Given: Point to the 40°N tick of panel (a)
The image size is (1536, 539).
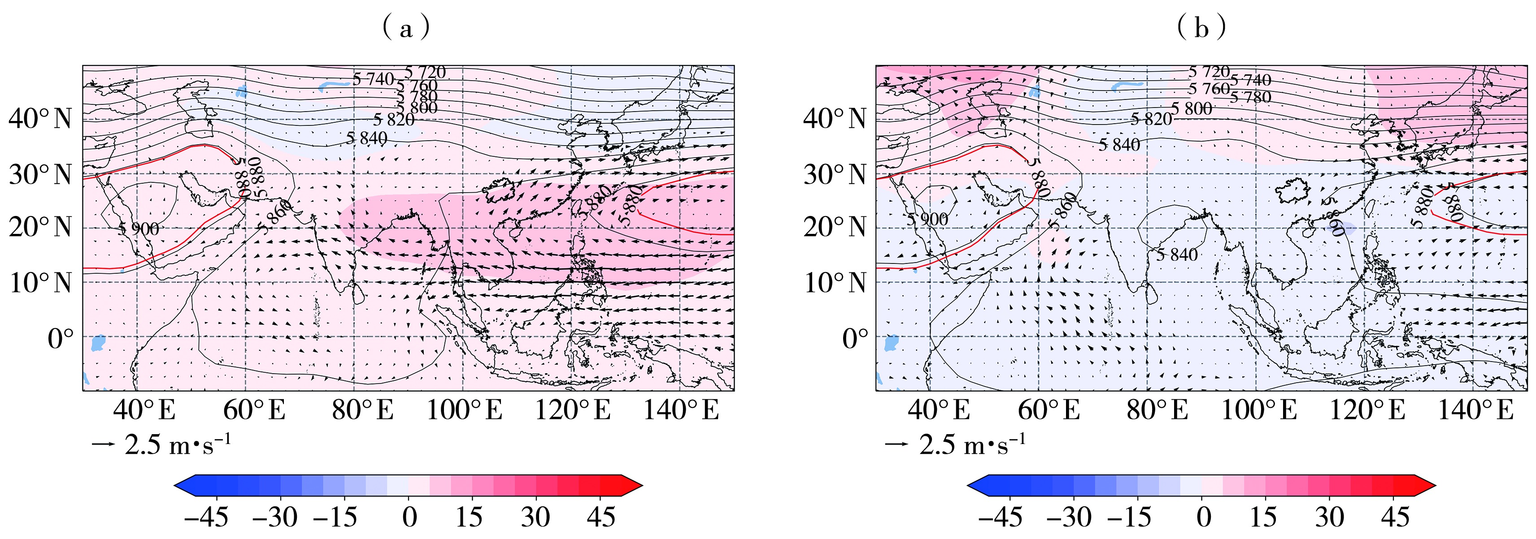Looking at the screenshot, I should [40, 119].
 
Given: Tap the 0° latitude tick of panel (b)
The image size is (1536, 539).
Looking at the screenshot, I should [855, 338].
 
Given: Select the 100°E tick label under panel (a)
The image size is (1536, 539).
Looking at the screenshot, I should [465, 410].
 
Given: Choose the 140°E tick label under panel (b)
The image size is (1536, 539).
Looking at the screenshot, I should [1475, 410].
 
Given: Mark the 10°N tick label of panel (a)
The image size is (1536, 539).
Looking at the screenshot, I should [40, 282].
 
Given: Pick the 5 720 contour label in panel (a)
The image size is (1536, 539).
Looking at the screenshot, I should [425, 73].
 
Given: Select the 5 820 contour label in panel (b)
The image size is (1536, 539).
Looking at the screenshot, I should [1151, 119].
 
